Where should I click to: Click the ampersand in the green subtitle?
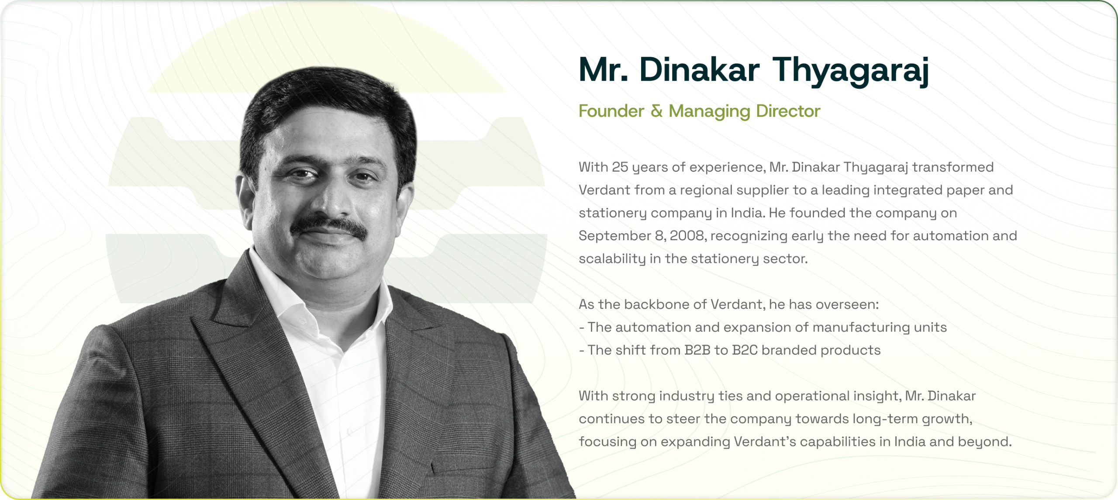coord(656,111)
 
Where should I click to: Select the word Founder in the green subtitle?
coord(611,111)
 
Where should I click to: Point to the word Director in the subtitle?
coord(788,111)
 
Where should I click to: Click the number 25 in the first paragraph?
coord(620,167)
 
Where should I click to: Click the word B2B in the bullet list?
coord(697,350)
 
